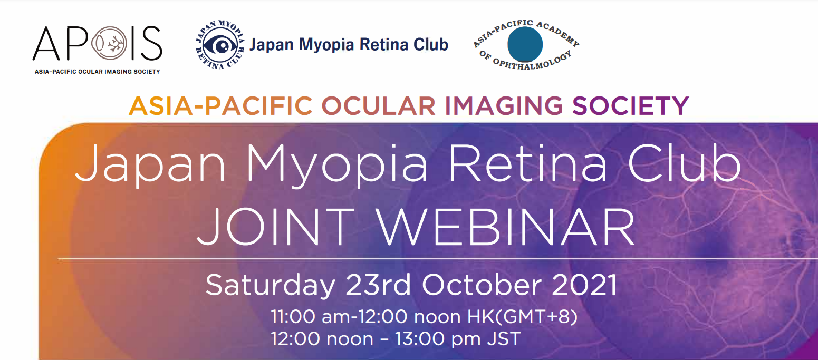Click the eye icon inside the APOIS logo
tap(109, 43)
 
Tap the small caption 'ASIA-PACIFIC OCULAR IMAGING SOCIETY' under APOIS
tap(98, 72)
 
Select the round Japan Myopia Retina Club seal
tap(220, 45)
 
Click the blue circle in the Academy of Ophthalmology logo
tap(525, 44)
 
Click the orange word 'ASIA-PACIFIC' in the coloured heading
tap(220, 106)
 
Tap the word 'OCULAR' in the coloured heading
tap(378, 106)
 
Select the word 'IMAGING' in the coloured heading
tap(504, 106)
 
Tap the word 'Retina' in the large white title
tap(528, 163)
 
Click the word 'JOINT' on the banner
tap(276, 227)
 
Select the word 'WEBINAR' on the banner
tap(506, 227)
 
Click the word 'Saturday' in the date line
tap(271, 286)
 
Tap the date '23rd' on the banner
tap(378, 285)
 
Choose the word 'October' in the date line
tap(482, 285)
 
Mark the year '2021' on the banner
tap(585, 285)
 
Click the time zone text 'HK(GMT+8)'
tap(523, 317)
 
